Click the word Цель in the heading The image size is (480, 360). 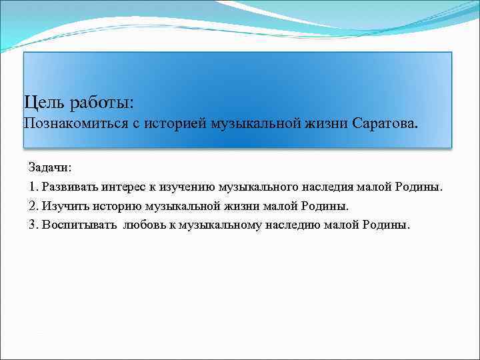pyautogui.click(x=44, y=103)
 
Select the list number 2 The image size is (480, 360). pyautogui.click(x=33, y=206)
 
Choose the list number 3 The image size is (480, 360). pyautogui.click(x=33, y=225)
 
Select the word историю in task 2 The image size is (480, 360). pyautogui.click(x=113, y=206)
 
